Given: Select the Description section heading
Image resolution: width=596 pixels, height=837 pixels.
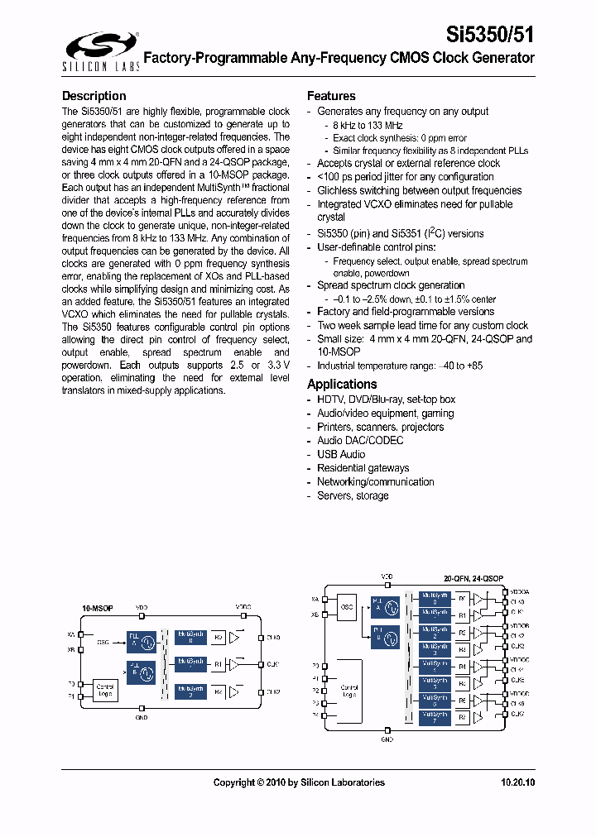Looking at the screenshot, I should (94, 96).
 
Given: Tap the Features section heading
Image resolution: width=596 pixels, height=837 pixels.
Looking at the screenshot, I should (331, 96).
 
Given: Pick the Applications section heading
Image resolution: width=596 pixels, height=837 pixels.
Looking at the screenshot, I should (342, 384).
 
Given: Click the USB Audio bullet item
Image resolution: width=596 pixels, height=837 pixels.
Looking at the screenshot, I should (341, 454).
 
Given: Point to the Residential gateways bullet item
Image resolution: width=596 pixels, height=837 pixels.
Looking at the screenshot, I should (363, 468).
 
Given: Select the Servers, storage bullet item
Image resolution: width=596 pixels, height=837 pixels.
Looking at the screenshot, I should (353, 495).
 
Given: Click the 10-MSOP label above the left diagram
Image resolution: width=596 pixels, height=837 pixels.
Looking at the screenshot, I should (97, 608).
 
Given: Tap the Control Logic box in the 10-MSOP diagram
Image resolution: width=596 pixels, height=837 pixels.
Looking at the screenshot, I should (106, 689).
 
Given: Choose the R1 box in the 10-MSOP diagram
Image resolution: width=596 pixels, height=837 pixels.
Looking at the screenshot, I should (218, 664).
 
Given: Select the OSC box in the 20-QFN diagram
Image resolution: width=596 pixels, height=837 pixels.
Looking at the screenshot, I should (348, 606).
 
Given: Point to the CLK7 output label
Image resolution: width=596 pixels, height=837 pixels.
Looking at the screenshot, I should (517, 713).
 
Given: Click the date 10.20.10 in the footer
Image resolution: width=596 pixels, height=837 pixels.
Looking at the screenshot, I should (517, 782).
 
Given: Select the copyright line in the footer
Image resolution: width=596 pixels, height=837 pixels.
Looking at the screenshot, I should (299, 782).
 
